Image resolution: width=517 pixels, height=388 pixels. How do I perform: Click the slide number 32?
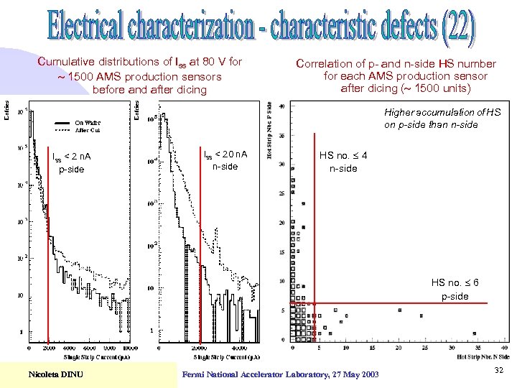(x=498, y=370)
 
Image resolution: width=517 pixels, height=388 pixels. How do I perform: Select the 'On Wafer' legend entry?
(x=88, y=122)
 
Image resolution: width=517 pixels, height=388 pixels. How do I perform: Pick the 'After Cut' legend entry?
(x=88, y=131)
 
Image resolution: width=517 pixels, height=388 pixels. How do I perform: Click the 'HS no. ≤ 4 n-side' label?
(x=343, y=162)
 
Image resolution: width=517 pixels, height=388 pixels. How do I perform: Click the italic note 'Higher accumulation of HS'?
(x=442, y=112)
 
